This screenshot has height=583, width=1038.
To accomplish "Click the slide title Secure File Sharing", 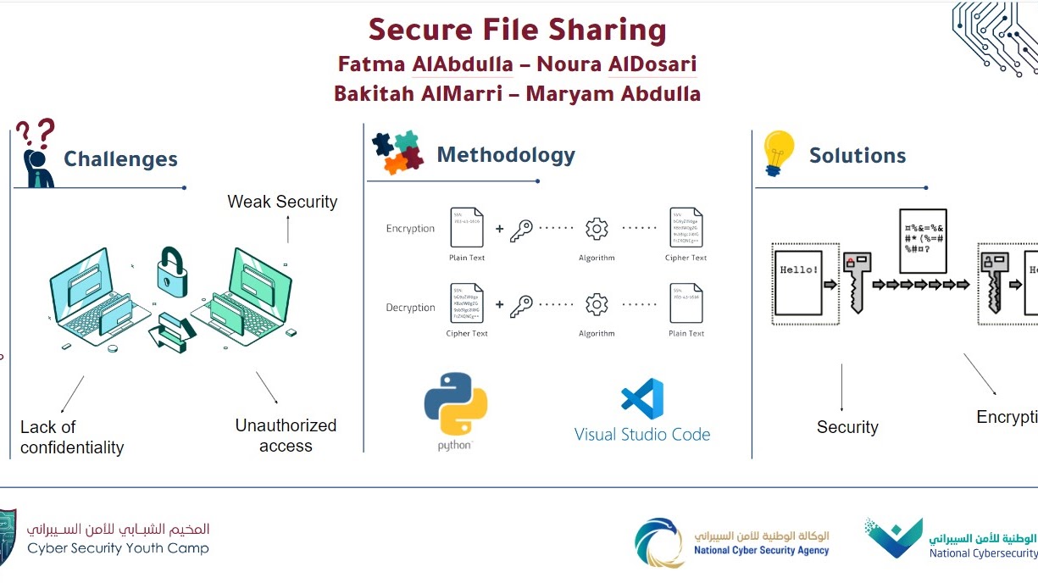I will (x=517, y=31).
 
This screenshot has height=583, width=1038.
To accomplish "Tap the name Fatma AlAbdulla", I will (x=425, y=64).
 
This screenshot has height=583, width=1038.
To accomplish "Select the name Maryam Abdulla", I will (x=613, y=93).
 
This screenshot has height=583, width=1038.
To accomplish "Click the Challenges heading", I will (x=120, y=159).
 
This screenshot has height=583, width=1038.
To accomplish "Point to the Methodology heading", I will (x=506, y=155).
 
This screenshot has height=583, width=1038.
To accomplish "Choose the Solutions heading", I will (x=858, y=156).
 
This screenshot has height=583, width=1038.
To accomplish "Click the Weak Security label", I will (x=282, y=202).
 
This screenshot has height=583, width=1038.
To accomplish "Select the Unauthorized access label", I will (x=286, y=436).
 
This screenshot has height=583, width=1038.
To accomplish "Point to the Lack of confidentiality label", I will (x=72, y=437).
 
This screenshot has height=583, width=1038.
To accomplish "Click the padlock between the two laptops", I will (x=171, y=273).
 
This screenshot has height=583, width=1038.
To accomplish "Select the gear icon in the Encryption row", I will (x=597, y=229).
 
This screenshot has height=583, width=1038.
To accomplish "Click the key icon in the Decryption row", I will (x=521, y=306).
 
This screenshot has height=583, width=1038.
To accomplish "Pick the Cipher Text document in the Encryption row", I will (x=686, y=228).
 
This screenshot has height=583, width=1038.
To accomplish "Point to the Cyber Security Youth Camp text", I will (x=118, y=548).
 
